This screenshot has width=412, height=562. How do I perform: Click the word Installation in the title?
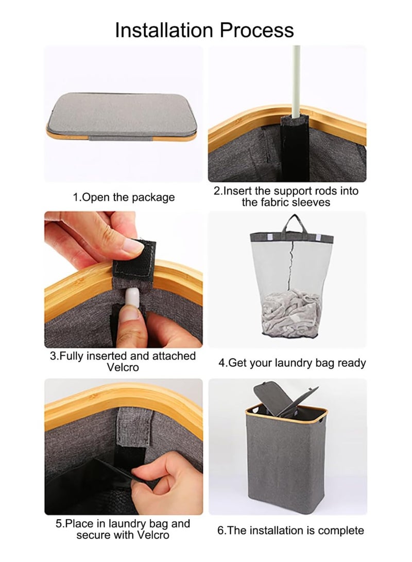165,30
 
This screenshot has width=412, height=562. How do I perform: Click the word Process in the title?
257,30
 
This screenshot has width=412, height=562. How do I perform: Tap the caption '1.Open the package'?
124,197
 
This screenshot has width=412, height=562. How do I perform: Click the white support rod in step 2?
296,82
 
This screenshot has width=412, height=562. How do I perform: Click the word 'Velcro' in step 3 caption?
123,367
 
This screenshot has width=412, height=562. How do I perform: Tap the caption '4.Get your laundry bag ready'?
292,363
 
